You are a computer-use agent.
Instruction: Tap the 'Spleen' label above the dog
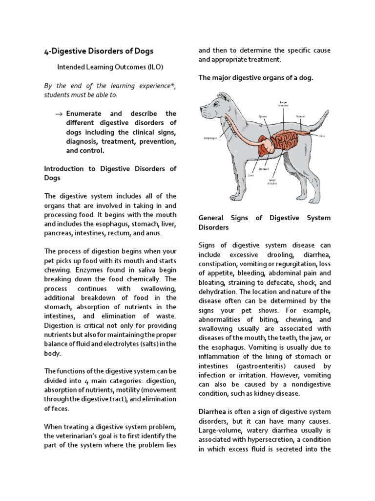pos(262,116)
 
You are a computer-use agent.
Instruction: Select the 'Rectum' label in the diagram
pos(300,116)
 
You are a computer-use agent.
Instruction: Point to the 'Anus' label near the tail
pos(322,136)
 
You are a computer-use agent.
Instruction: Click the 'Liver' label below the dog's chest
pos(251,174)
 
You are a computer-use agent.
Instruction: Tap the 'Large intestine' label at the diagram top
pos(283,104)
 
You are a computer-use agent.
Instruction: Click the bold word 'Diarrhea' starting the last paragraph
pos(211,411)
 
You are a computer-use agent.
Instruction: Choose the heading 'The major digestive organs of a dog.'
pos(255,78)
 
